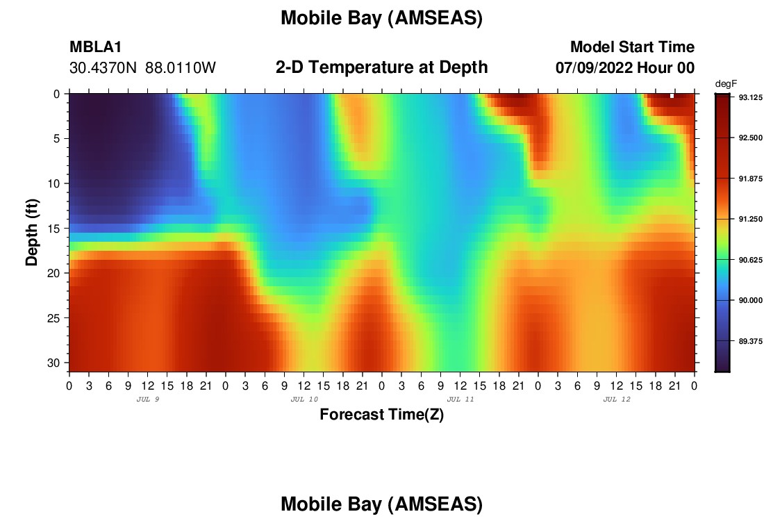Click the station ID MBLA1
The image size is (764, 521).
(x=96, y=47)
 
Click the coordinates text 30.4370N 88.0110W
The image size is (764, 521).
(x=142, y=68)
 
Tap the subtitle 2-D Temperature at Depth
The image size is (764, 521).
(x=381, y=67)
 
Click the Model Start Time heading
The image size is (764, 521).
(x=632, y=47)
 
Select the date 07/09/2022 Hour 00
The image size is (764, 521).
(x=625, y=68)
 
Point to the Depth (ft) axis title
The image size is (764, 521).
(x=32, y=232)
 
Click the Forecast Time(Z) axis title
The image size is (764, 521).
(x=381, y=414)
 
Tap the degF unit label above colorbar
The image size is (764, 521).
(x=726, y=84)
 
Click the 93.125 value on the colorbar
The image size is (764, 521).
(x=750, y=97)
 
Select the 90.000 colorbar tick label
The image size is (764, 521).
(x=750, y=300)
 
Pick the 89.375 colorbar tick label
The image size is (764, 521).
(x=750, y=341)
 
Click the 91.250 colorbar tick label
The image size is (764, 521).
(x=750, y=220)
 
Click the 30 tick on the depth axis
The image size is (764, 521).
(x=53, y=363)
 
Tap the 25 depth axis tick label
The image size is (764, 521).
(x=53, y=318)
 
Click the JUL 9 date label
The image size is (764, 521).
(x=148, y=399)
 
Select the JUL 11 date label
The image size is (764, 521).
(x=460, y=399)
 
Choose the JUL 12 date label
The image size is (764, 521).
(x=617, y=399)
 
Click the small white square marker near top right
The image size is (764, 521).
(x=672, y=96)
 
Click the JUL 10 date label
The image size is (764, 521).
(x=304, y=399)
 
